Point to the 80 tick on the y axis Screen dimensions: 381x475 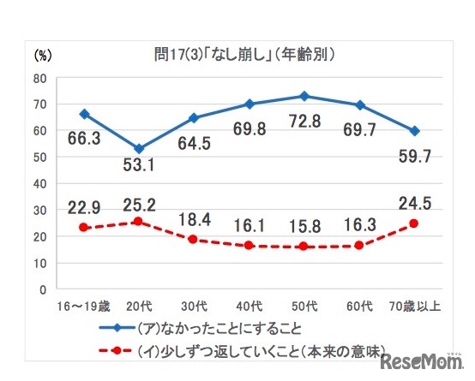point(40,78)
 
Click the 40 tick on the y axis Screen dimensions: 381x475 point(40,183)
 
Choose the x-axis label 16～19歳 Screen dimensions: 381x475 point(82,306)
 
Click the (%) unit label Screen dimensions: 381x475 point(44,56)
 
